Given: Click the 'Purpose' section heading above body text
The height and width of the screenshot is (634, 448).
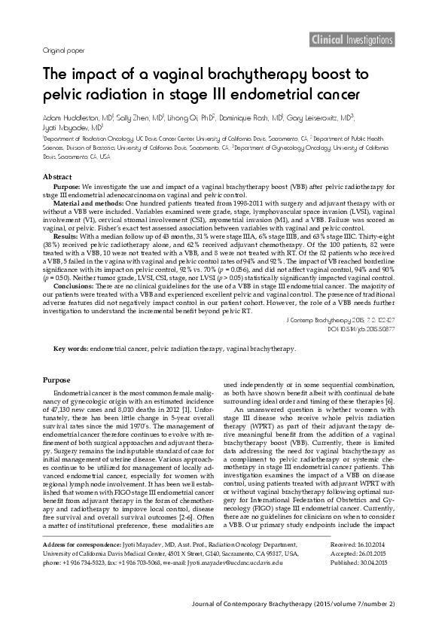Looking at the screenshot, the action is pos(56,381).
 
